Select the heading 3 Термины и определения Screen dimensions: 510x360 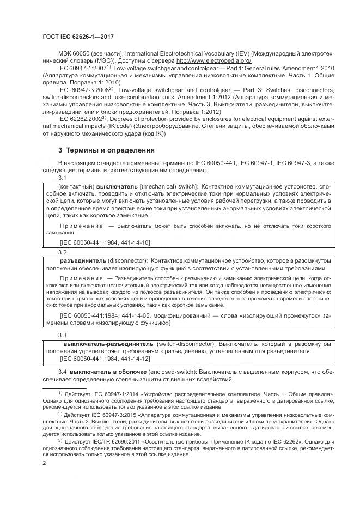point(106,150)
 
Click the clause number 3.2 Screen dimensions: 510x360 point(63,253)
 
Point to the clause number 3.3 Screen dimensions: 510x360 point(63,335)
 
